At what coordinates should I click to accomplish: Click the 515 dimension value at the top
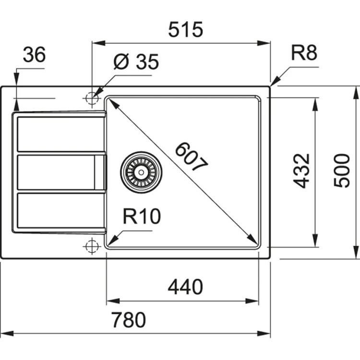click(x=185, y=30)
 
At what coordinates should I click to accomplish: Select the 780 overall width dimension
click(x=128, y=320)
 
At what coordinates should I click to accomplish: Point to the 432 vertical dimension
click(x=302, y=171)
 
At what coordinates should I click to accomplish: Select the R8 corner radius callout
click(x=304, y=53)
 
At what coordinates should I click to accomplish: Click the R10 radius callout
click(x=141, y=217)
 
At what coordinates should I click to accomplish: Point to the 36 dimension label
click(x=35, y=55)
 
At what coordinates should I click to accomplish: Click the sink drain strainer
click(x=142, y=171)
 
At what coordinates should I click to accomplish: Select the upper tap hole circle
click(x=91, y=98)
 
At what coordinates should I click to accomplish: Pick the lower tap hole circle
click(x=91, y=246)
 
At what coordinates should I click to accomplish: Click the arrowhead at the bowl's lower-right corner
click(x=254, y=240)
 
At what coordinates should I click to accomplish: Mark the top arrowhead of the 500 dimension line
click(x=356, y=91)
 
